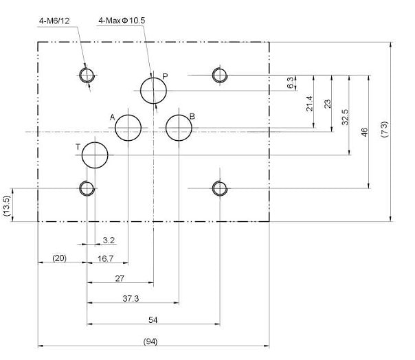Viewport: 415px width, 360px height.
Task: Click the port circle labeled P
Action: (154, 90)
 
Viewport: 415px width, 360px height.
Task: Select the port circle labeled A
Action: (128, 128)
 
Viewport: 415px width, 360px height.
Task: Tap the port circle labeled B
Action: (179, 128)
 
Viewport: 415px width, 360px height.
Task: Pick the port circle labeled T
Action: (95, 155)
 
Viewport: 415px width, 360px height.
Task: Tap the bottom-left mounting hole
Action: (87, 188)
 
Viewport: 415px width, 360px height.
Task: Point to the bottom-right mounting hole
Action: (219, 188)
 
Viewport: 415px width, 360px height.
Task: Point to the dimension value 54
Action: (153, 319)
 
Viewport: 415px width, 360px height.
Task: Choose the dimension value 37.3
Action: (130, 299)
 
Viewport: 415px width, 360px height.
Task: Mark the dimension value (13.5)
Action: (6, 205)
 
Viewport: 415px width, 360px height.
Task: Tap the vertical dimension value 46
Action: (365, 131)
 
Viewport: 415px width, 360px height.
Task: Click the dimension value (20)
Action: (60, 258)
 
